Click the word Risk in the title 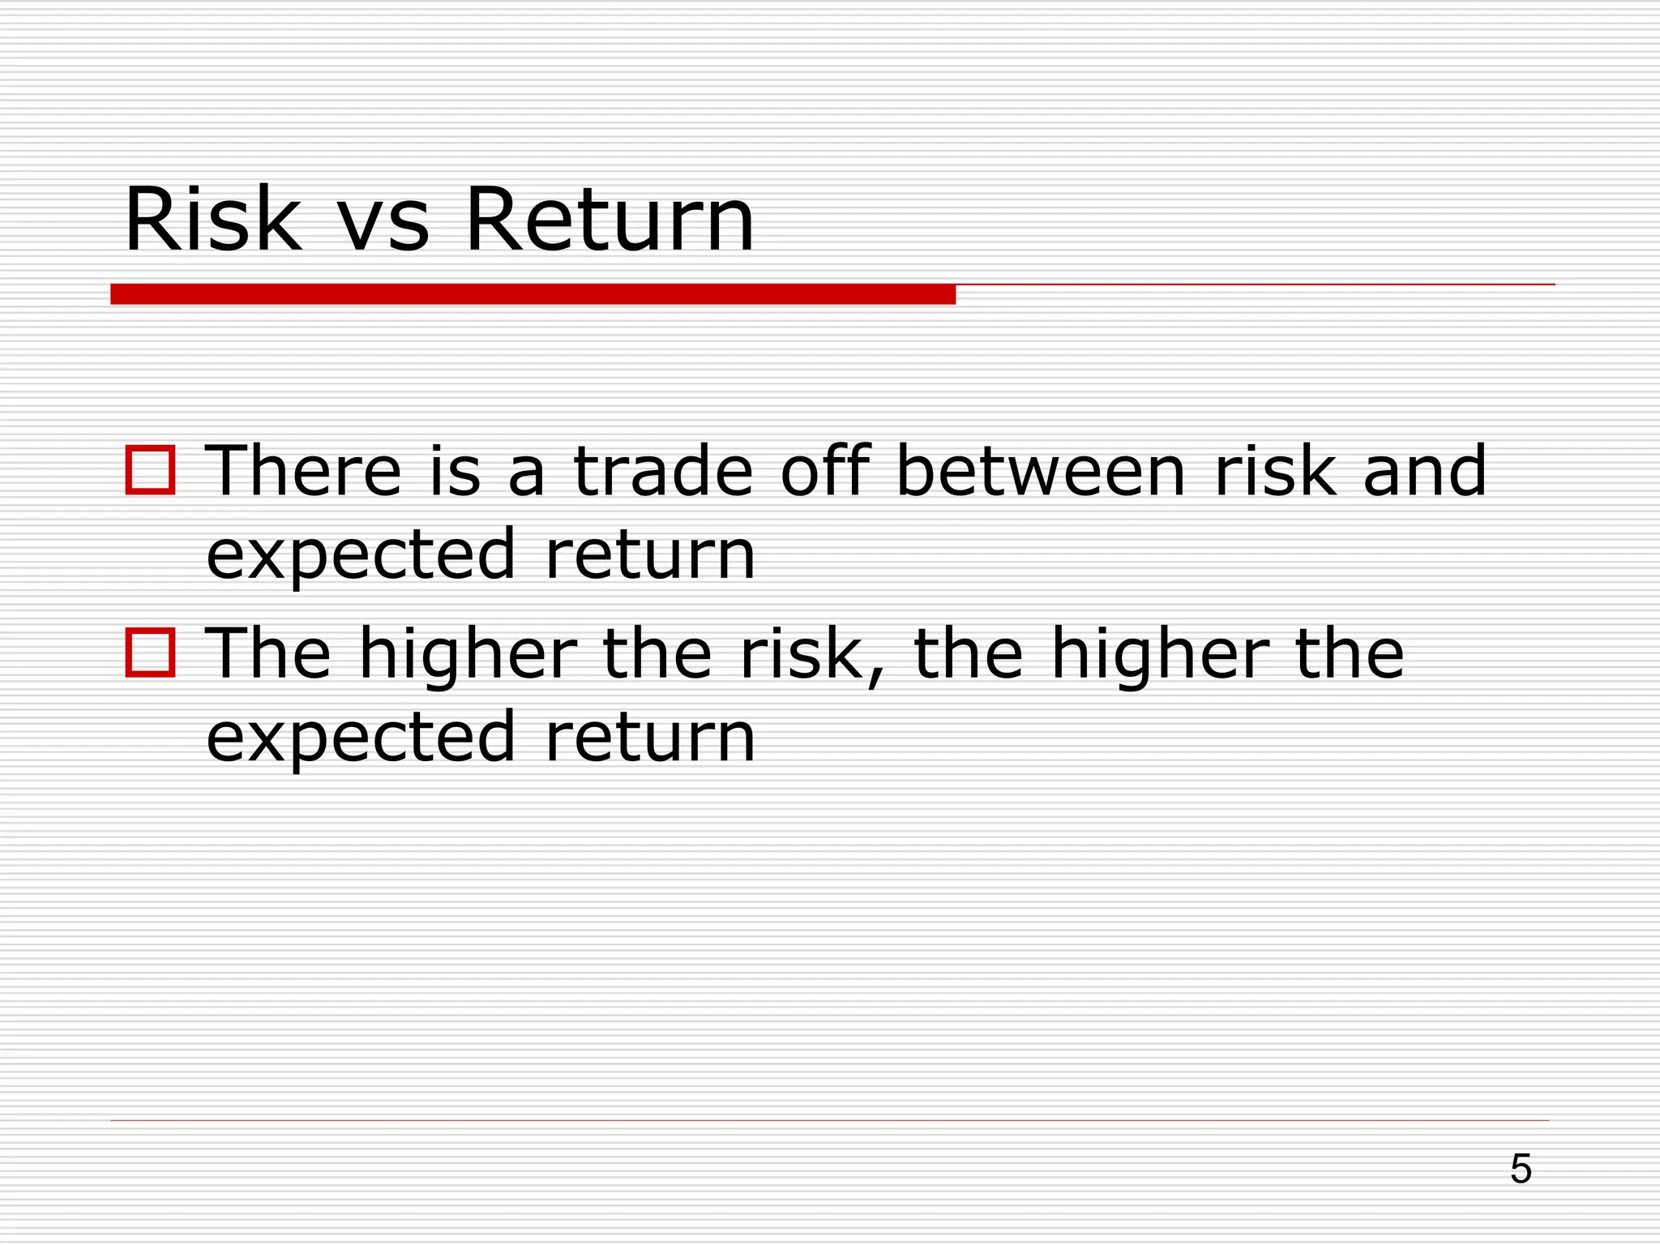pyautogui.click(x=213, y=220)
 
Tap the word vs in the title pyautogui.click(x=382, y=229)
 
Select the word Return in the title pyautogui.click(x=610, y=220)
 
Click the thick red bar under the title pyautogui.click(x=533, y=294)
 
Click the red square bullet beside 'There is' pyautogui.click(x=151, y=470)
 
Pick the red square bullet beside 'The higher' pyautogui.click(x=151, y=653)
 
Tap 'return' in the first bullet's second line pyautogui.click(x=651, y=555)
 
